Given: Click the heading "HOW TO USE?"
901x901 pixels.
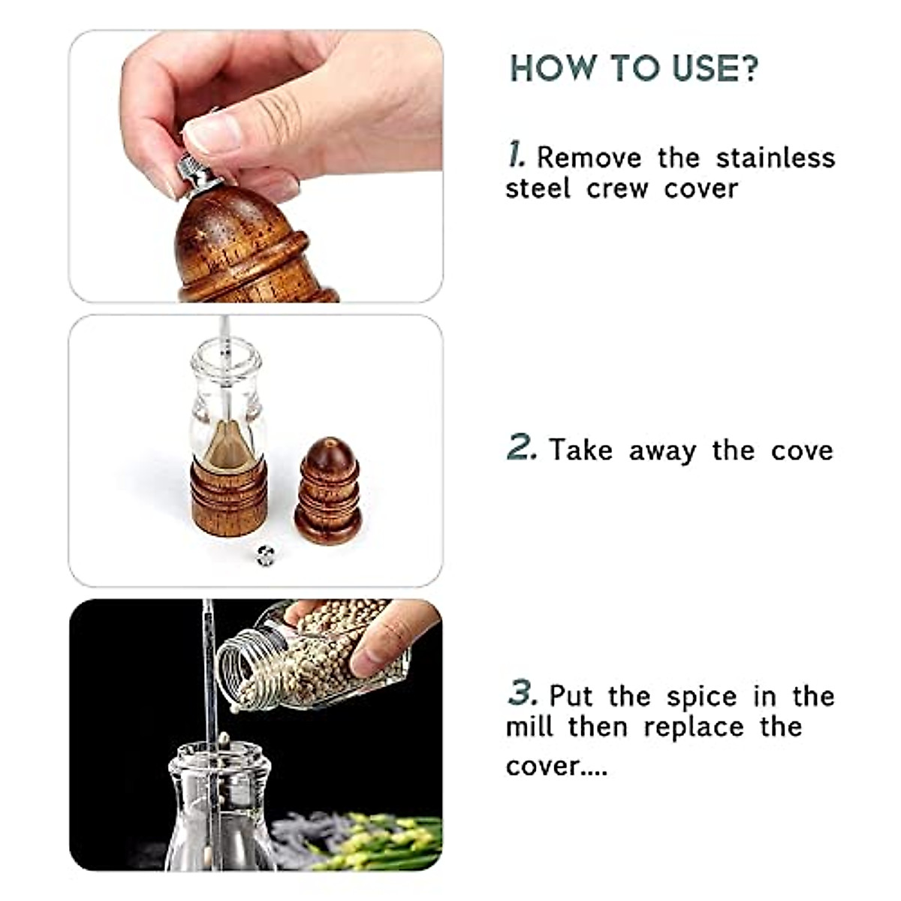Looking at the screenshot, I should pos(634,68).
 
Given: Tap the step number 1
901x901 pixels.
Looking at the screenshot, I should pos(516,155).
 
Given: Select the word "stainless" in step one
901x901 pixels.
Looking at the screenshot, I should pos(775,158).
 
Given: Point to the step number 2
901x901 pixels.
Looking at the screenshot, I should pos(522,447).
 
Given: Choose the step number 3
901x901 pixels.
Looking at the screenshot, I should pos(522,693).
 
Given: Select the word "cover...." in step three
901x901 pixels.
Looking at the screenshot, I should pos(556,766).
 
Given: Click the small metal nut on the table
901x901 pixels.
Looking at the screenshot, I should pos(265,555).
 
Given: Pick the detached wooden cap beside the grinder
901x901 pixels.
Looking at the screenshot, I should pos(328,491).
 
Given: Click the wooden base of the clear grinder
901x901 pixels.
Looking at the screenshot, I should pos(229,496).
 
